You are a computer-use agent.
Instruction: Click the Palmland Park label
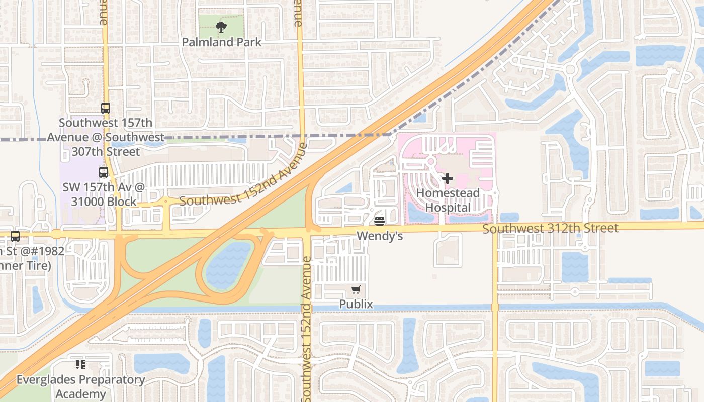pos(222,42)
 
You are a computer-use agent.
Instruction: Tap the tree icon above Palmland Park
pos(221,27)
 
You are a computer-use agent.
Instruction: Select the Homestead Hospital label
pos(448,200)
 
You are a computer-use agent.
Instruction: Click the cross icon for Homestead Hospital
pos(447,178)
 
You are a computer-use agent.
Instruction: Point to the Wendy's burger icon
pos(380,221)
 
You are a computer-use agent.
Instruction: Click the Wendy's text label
pos(380,235)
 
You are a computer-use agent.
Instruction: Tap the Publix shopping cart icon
pos(356,289)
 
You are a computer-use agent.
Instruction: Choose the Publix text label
pos(356,304)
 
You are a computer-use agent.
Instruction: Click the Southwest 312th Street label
pos(550,229)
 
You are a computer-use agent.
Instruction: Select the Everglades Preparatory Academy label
pos(80,387)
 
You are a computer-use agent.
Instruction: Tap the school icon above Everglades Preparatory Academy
pos(80,365)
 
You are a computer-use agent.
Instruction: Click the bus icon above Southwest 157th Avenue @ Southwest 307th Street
pos(105,108)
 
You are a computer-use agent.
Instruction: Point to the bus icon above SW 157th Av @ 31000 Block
pos(104,172)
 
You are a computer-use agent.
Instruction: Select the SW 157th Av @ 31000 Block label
pos(104,194)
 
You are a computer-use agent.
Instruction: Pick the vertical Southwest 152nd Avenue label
pos(307,329)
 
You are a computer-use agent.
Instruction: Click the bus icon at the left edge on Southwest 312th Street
pos(15,236)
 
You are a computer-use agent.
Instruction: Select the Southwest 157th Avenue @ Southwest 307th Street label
pos(106,137)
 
